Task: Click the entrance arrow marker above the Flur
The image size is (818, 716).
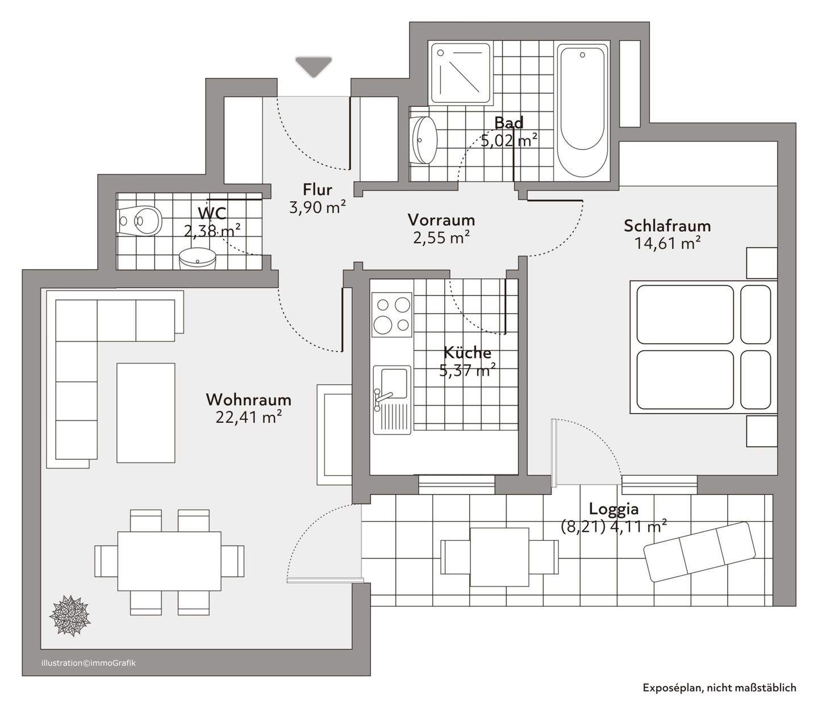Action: coord(314,66)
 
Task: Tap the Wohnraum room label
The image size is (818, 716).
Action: coord(248,399)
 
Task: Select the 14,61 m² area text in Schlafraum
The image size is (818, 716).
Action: coord(667,243)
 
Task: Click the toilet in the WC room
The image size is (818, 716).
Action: coord(140,220)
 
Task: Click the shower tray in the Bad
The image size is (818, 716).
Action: coord(460,73)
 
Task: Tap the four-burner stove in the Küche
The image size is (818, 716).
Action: coord(391,314)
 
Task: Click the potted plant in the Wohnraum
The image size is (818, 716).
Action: coord(70,615)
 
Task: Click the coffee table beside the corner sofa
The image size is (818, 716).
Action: coord(145,413)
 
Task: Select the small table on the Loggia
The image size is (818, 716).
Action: coord(500,557)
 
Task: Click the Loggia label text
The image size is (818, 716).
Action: coord(613,509)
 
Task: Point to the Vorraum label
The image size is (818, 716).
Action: coord(441,220)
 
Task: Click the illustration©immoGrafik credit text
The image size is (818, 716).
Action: coord(88,663)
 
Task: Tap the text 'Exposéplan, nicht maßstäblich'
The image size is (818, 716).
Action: coord(719,688)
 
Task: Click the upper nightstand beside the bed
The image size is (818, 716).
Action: coord(761,263)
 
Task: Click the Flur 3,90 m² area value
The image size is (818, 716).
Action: coord(318,207)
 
